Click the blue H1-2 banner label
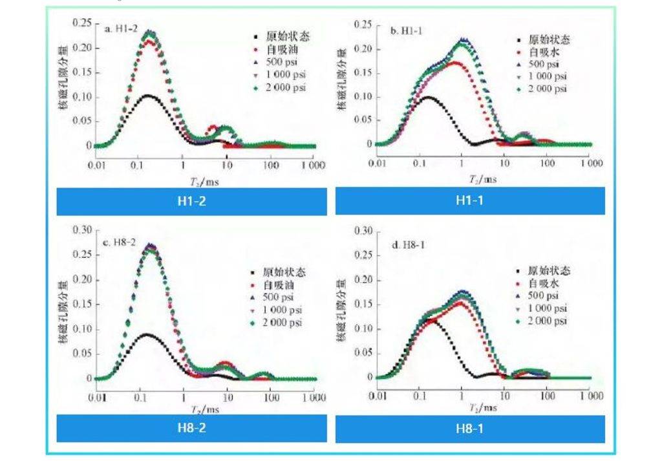click(191, 200)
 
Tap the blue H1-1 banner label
click(470, 200)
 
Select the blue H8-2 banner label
click(191, 427)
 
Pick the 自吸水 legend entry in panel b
click(542, 52)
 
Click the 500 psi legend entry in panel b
click(544, 64)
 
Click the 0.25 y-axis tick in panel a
click(82, 23)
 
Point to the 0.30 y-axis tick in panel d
click(363, 231)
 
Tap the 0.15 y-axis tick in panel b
click(363, 72)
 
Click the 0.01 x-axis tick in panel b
click(378, 163)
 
